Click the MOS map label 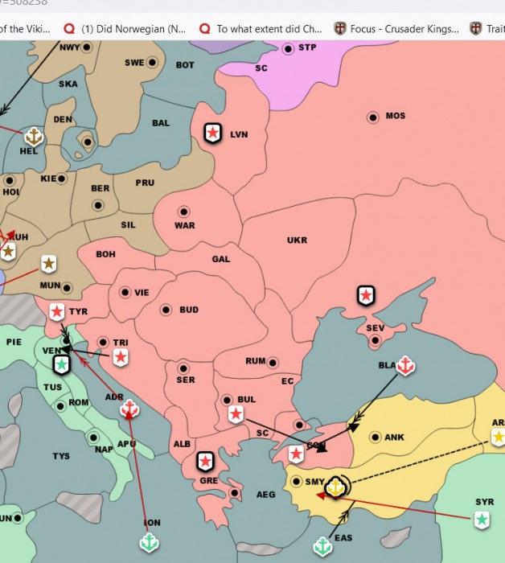point(396,117)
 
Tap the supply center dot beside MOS point(373,117)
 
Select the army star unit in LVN point(212,133)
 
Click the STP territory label point(307,48)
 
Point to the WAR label point(185,225)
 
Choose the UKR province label point(297,240)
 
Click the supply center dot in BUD point(166,310)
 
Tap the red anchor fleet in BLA point(406,366)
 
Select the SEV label point(375,328)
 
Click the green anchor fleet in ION point(150,543)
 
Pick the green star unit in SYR point(482,520)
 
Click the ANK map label point(394,438)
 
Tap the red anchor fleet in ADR point(129,409)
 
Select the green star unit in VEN point(60,365)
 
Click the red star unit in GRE point(206,461)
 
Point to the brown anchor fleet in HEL point(34,137)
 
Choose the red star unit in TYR point(57,312)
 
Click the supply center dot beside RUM point(273,363)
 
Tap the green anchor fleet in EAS point(322,547)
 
